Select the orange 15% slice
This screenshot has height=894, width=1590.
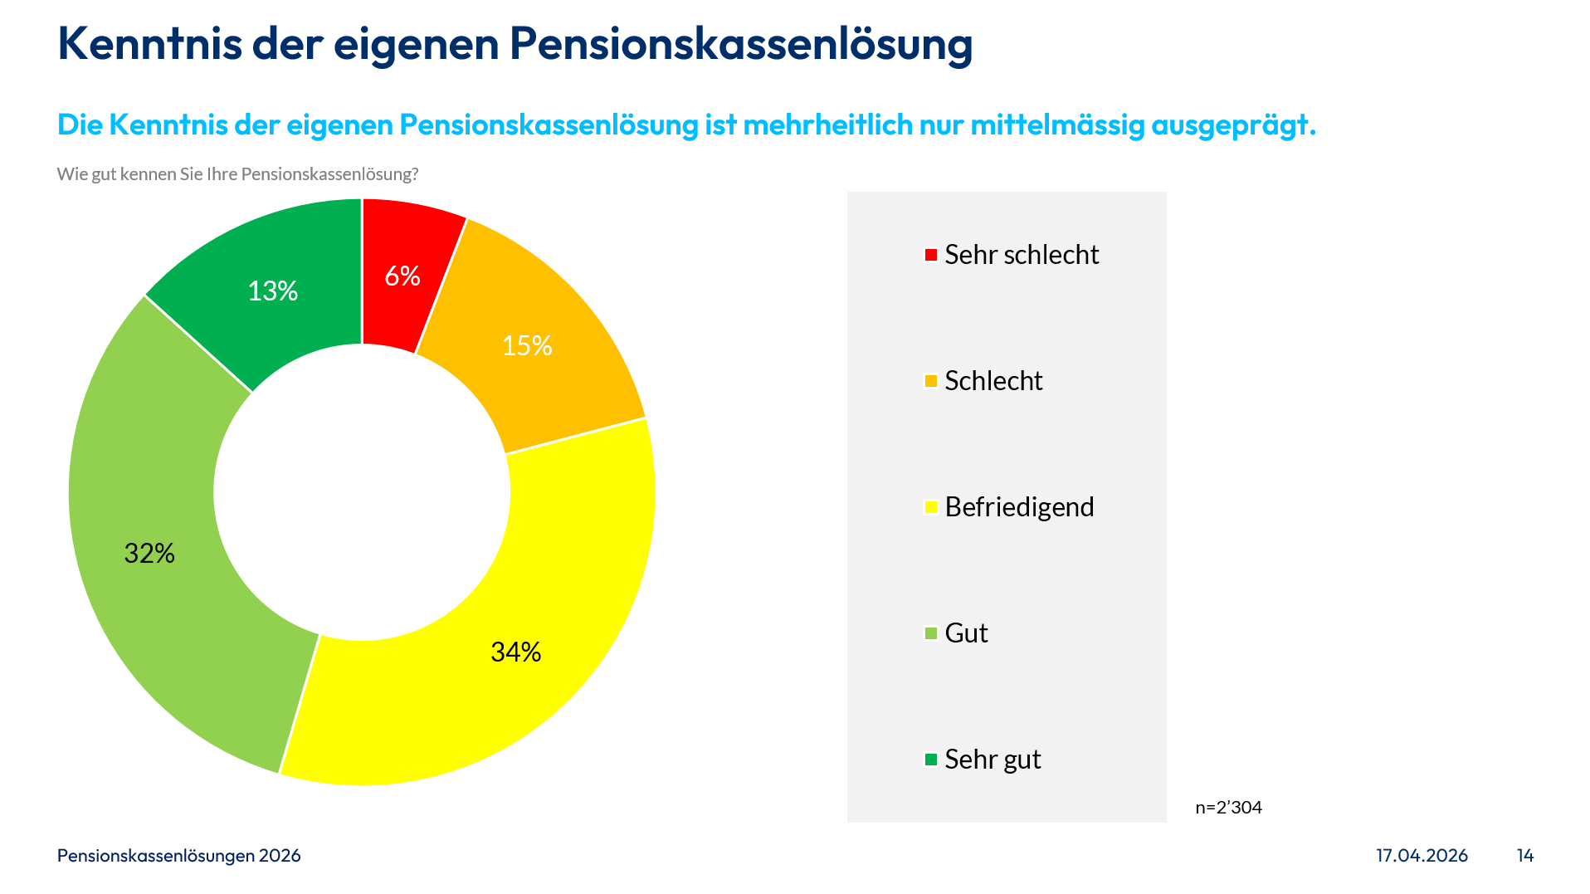click(x=548, y=365)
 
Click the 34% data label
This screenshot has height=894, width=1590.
click(x=515, y=652)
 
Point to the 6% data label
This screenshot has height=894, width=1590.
click(x=402, y=276)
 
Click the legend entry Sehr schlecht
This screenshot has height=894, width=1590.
click(x=1021, y=255)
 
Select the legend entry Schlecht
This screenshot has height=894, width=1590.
click(x=993, y=381)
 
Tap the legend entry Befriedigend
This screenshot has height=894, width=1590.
click(x=1018, y=507)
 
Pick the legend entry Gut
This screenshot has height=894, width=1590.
click(x=966, y=633)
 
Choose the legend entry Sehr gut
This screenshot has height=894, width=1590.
click(x=992, y=760)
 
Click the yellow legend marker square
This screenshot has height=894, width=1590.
click(x=931, y=507)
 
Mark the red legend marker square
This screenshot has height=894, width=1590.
click(x=931, y=255)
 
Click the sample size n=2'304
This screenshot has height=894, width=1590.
click(x=1228, y=808)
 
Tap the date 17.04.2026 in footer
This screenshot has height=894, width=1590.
click(x=1422, y=856)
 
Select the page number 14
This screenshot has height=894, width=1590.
click(x=1525, y=856)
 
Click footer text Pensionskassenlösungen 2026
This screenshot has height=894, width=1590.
click(x=178, y=856)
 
